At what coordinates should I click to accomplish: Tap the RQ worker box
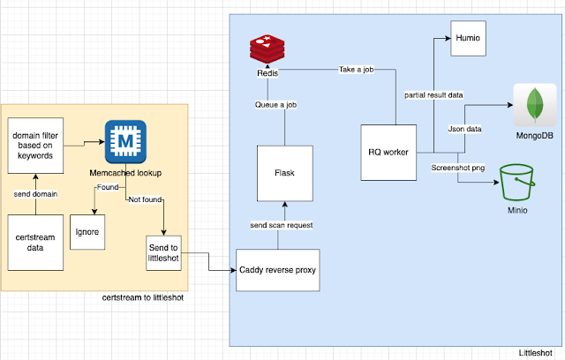(x=388, y=152)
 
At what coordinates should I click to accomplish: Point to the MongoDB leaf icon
(x=533, y=109)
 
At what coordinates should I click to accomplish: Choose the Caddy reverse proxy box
(x=277, y=270)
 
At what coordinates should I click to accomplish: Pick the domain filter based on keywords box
(x=36, y=143)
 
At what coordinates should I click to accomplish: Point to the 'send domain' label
(x=36, y=191)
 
